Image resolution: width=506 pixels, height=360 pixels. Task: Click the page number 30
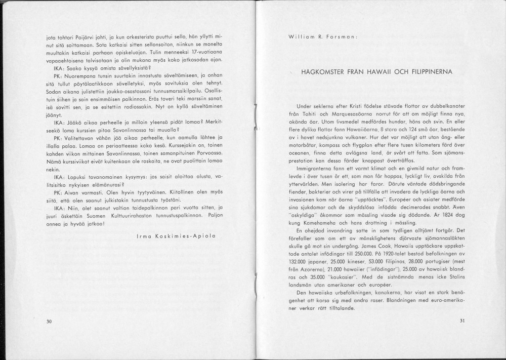pyautogui.click(x=49, y=321)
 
